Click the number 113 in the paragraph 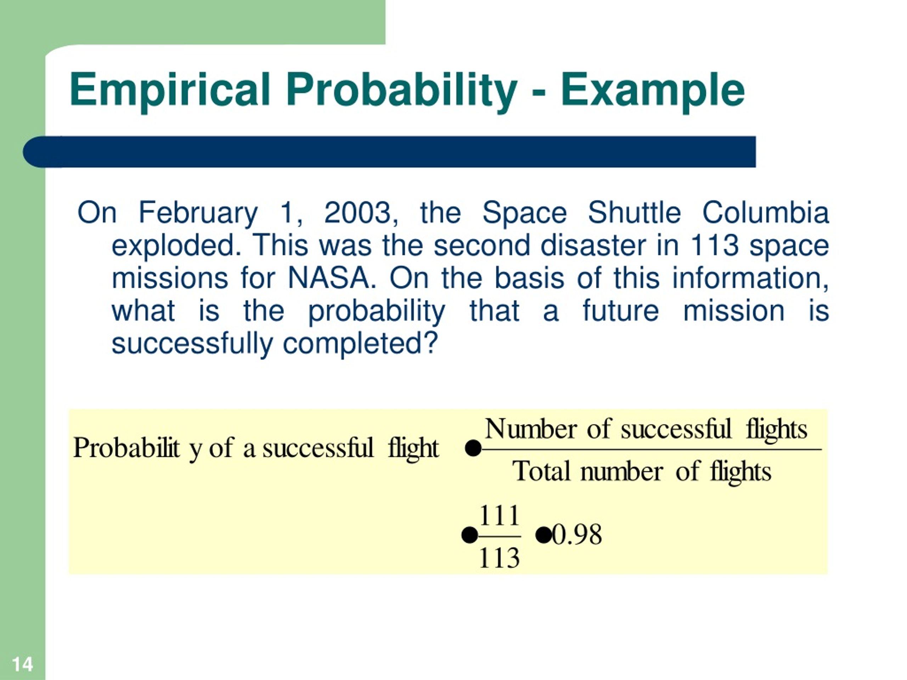[714, 245]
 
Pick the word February [198, 214]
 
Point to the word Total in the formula [541, 471]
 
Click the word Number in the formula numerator [531, 429]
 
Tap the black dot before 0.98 [544, 535]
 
